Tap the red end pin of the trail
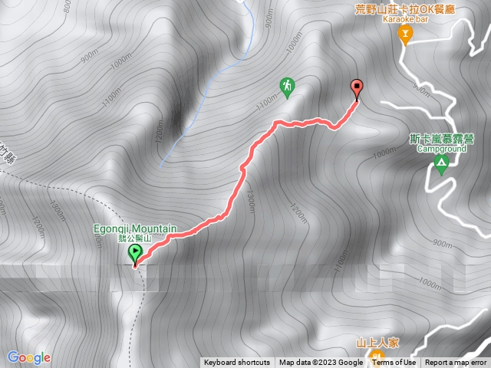point(356,88)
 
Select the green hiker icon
point(287,86)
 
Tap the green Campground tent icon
point(441,163)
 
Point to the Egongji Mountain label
point(137,229)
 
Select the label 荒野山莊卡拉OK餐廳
point(406,9)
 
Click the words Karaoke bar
point(406,19)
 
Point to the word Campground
point(441,149)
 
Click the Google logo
point(28,357)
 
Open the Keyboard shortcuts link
point(236,363)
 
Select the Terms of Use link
point(394,363)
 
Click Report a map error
point(456,363)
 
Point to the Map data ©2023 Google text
point(321,363)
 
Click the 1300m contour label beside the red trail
point(250,198)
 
